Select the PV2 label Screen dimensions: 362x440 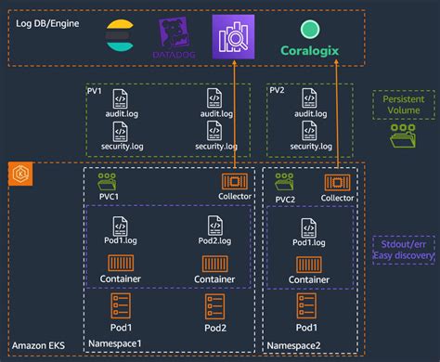click(x=278, y=92)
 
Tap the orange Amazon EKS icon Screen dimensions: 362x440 click(x=17, y=173)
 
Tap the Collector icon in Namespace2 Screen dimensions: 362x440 click(x=335, y=182)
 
